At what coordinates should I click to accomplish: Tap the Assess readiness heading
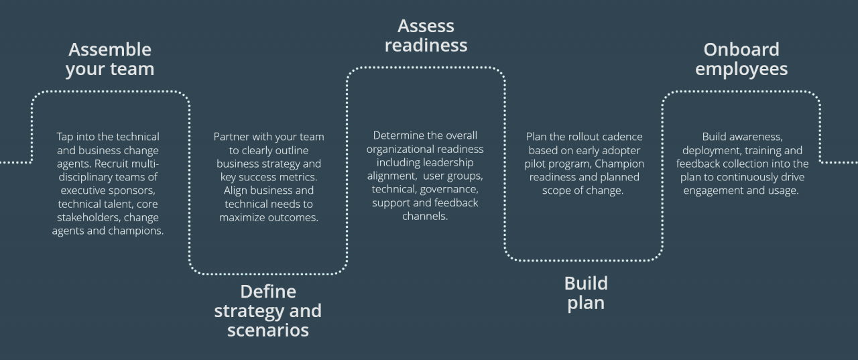(426, 36)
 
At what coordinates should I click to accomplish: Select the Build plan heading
(586, 293)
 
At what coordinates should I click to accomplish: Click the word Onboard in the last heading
(741, 50)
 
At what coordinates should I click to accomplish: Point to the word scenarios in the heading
(267, 330)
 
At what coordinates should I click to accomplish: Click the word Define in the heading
(267, 292)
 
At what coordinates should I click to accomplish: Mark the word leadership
(447, 162)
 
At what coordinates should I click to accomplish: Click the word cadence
(621, 137)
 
